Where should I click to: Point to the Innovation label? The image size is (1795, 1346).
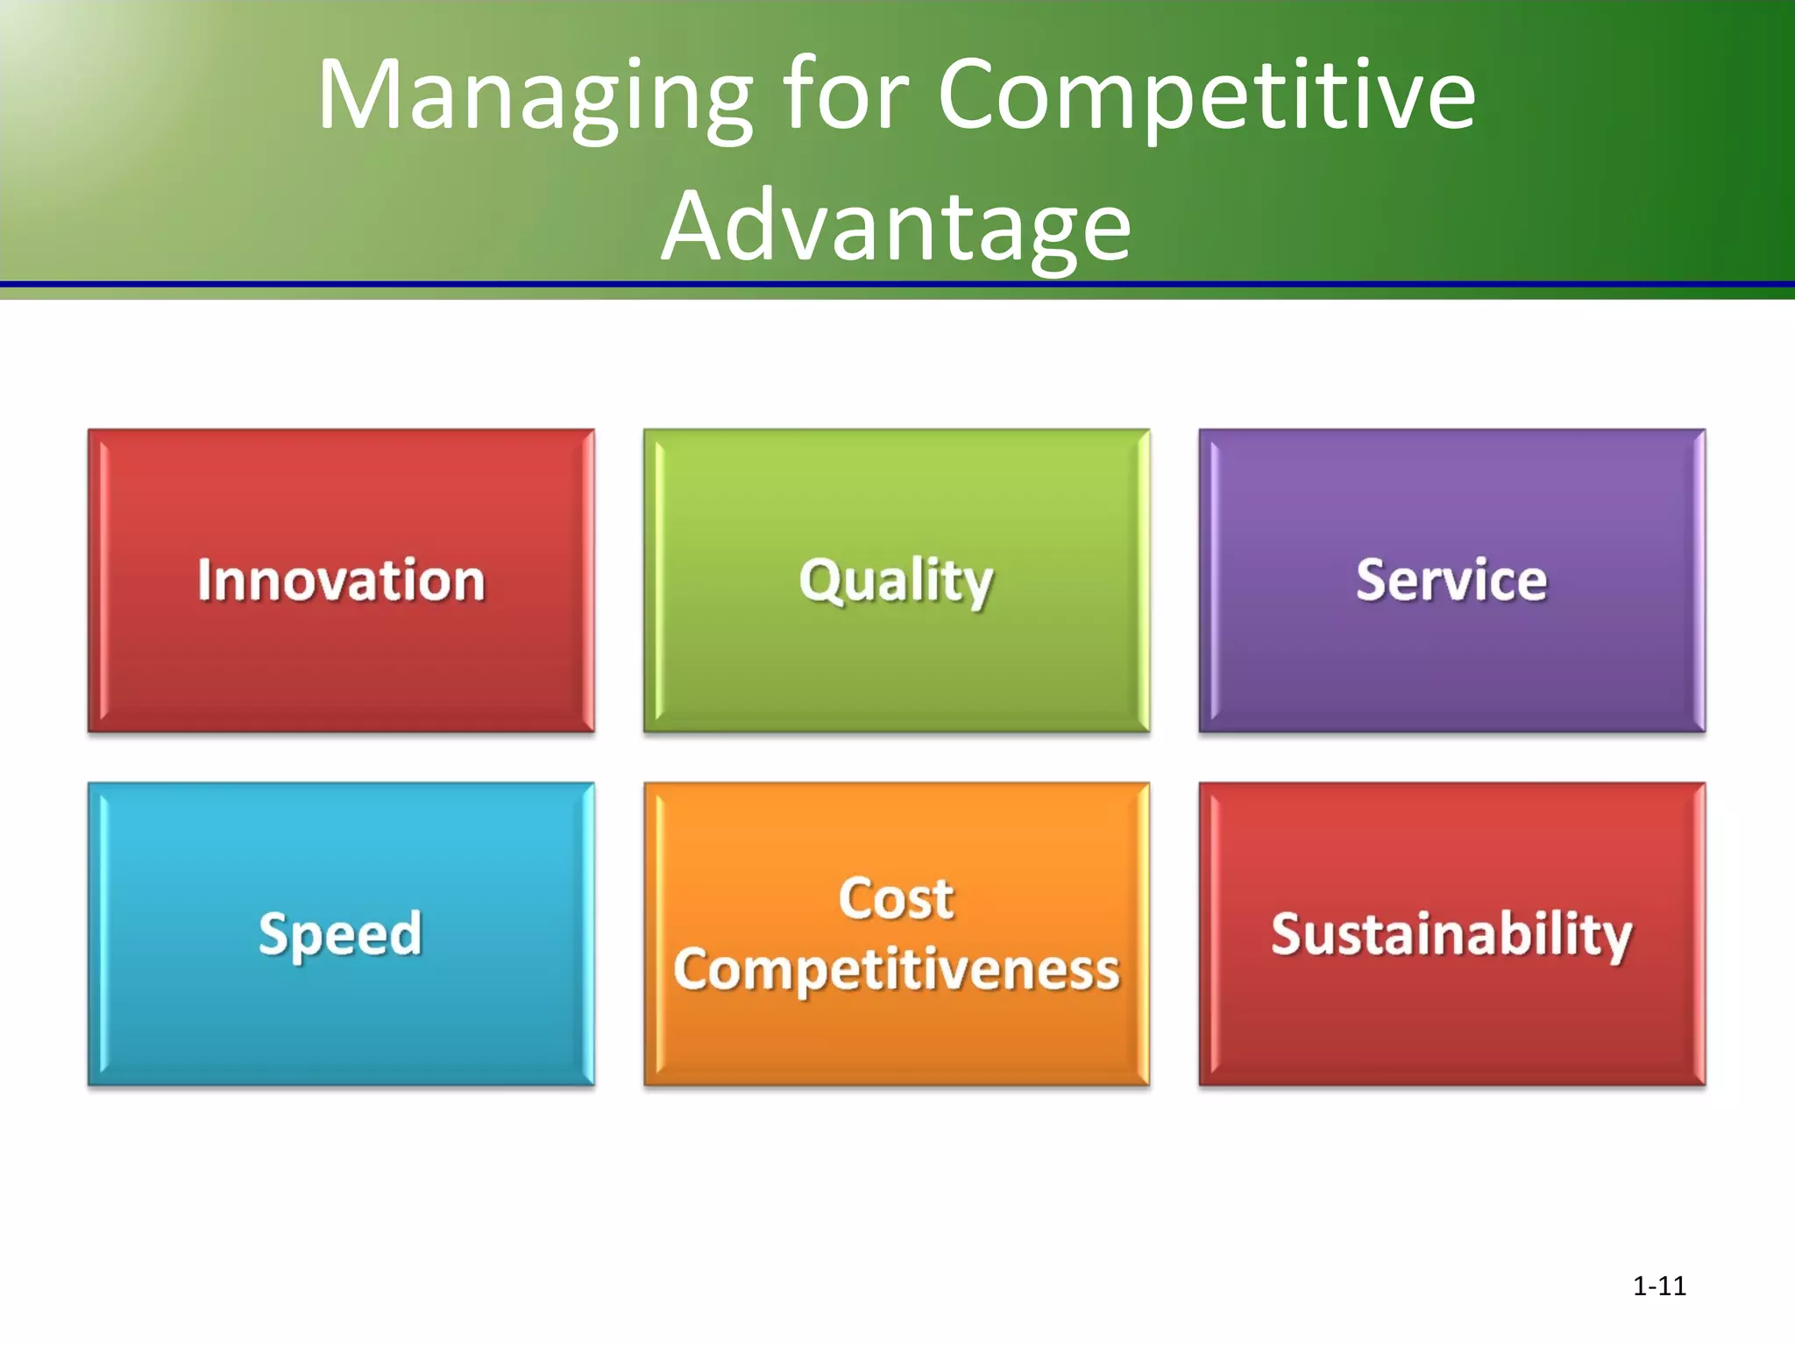pos(341,581)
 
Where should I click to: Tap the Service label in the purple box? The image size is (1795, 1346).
pos(1451,581)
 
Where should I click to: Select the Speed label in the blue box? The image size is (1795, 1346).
pos(341,935)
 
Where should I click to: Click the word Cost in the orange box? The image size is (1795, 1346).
pos(896,899)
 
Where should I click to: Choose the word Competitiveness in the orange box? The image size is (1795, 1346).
pos(896,971)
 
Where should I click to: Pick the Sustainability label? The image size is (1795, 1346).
pos(1451,935)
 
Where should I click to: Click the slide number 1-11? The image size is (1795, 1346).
pos(1659,1286)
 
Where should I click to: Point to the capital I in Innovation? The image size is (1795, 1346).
pos(205,580)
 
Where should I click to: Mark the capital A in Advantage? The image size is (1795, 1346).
pos(697,226)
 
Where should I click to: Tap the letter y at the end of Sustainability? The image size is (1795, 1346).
pos(1614,939)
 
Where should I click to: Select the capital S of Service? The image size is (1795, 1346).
pos(1372,580)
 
